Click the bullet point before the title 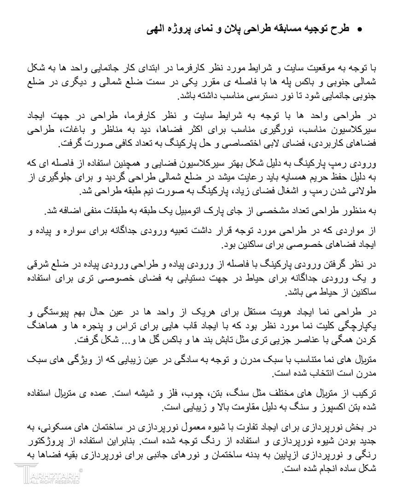359,29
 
